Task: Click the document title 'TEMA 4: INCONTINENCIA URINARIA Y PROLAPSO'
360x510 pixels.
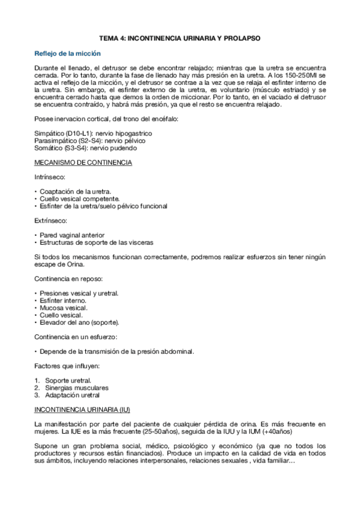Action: coord(180,37)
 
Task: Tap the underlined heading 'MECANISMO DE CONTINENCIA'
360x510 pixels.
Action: coord(84,163)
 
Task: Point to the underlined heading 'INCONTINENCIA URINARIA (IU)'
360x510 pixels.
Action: coord(82,410)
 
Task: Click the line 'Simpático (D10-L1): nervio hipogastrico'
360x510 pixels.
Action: coord(93,132)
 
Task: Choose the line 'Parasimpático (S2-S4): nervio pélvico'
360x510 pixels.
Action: coord(90,140)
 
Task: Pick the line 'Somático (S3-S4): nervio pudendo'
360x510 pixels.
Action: coord(85,148)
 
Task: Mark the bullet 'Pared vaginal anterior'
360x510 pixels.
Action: coord(72,235)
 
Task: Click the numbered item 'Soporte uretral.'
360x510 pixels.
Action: coord(69,381)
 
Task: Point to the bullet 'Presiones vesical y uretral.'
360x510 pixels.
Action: coord(79,293)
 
